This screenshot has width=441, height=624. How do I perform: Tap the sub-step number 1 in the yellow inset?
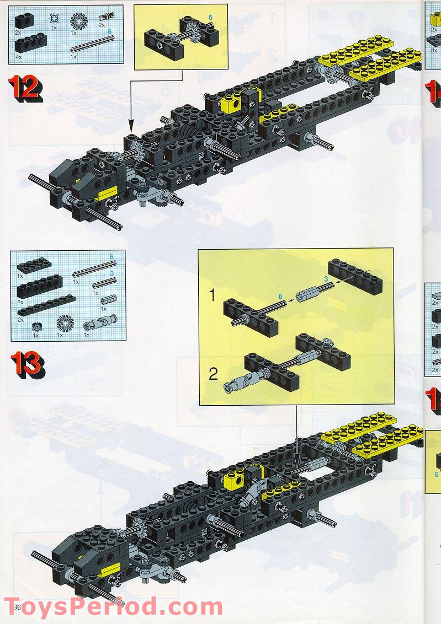(212, 295)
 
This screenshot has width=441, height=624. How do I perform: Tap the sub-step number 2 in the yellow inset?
(212, 374)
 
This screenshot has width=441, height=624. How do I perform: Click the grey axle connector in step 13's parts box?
(109, 299)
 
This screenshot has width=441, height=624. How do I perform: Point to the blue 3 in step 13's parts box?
(111, 273)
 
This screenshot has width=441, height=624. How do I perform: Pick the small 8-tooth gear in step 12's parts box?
(54, 18)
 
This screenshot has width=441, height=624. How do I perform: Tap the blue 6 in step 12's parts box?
(109, 32)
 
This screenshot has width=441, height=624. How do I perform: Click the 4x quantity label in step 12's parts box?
(18, 57)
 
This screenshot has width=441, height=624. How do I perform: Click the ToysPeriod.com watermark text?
(113, 607)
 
